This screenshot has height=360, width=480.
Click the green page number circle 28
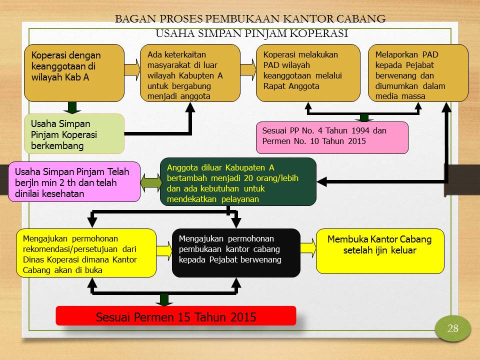[453, 328]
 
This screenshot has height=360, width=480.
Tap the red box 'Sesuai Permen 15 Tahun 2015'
[176, 315]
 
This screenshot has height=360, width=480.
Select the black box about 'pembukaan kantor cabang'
[236, 253]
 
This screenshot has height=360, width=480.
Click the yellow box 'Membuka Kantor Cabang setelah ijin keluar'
[380, 251]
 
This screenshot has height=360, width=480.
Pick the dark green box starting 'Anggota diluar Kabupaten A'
[238, 182]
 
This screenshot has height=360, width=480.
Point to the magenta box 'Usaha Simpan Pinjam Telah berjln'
[74, 182]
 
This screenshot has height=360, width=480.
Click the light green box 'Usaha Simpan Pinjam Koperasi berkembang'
[74, 134]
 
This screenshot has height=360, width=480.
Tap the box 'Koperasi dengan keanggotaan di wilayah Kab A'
[74, 73]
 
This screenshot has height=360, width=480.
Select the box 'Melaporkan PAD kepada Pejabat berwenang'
[418, 73]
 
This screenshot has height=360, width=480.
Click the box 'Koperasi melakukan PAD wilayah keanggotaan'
[308, 73]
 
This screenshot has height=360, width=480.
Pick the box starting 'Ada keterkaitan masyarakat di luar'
[190, 73]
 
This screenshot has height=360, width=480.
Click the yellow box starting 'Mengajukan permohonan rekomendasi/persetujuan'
[86, 253]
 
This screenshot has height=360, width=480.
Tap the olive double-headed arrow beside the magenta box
[150, 182]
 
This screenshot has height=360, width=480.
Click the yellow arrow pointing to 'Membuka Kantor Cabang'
[308, 247]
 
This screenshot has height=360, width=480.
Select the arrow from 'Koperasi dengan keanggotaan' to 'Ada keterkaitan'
[132, 69]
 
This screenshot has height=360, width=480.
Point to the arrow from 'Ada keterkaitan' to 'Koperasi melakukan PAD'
[248, 69]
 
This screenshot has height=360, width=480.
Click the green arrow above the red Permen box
[164, 299]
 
